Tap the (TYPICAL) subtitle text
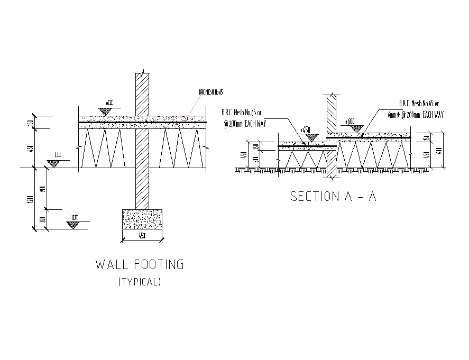tap(140, 282)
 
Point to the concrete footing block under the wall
tap(142, 219)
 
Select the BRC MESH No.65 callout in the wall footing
tap(211, 92)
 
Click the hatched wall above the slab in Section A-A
tap(332, 113)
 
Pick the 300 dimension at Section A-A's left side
tap(255, 160)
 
